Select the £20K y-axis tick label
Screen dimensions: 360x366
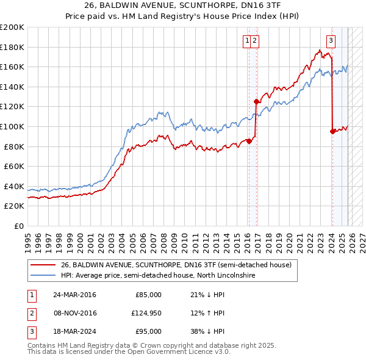click(x=13, y=206)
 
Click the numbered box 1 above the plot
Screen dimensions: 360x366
click(x=248, y=41)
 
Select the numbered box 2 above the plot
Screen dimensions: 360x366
click(x=255, y=41)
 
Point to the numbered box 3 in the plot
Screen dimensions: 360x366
click(x=331, y=41)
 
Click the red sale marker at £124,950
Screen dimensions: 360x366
click(x=256, y=102)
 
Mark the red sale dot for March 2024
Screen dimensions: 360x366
click(x=332, y=131)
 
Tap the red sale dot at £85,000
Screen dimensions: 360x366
click(x=249, y=142)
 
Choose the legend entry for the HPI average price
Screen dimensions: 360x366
click(x=157, y=275)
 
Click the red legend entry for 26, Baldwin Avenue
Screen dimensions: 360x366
click(x=176, y=265)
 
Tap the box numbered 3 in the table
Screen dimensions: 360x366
click(x=30, y=331)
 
